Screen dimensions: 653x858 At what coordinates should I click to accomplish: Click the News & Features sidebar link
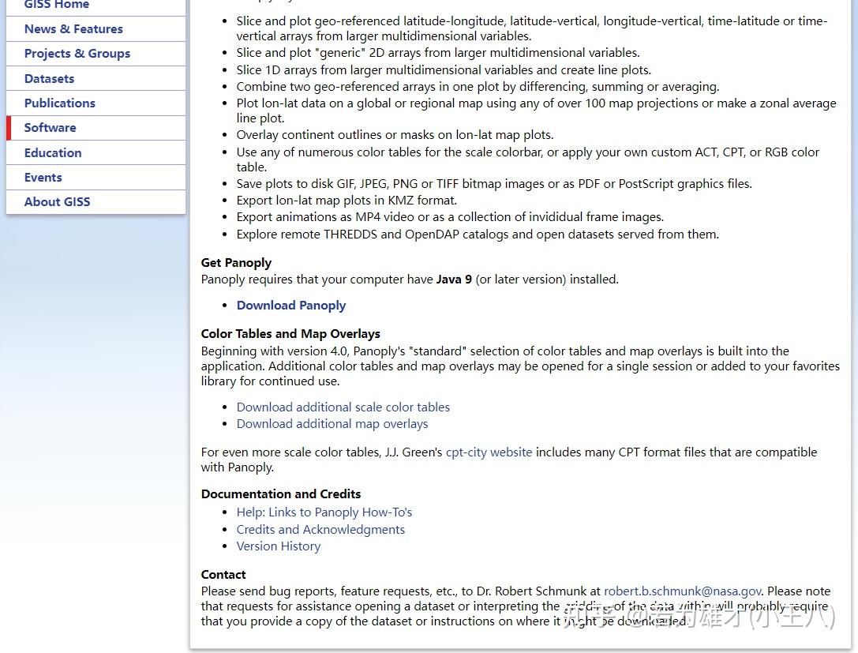[x=73, y=29]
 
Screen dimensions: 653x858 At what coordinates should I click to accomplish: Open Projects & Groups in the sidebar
[x=77, y=54]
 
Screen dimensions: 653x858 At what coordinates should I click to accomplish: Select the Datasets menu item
[x=49, y=79]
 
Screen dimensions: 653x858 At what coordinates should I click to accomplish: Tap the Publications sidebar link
[x=59, y=103]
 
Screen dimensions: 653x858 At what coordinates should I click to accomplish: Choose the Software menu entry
[x=50, y=128]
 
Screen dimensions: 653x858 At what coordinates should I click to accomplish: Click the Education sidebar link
[x=53, y=153]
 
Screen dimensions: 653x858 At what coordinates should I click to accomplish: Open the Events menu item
[x=43, y=178]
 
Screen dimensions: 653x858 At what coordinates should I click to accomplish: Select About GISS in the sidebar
[x=57, y=202]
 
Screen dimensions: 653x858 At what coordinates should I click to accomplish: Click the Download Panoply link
[x=291, y=306]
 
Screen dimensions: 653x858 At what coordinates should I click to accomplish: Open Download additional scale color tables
[x=343, y=407]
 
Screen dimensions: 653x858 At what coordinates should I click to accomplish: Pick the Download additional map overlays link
[x=332, y=424]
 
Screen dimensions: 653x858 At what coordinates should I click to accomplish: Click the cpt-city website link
[x=489, y=452]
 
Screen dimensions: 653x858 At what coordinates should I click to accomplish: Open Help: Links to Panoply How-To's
[x=324, y=512]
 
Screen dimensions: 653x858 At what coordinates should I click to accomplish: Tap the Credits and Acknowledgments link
[x=320, y=530]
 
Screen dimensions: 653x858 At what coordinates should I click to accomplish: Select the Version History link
[x=279, y=546]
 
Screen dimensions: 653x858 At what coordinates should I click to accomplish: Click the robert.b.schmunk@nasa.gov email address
[x=683, y=591]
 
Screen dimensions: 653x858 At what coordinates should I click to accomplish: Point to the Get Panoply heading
[x=236, y=263]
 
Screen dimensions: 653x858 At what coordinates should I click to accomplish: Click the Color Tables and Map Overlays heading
[x=290, y=334]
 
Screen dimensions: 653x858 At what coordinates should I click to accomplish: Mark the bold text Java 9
[x=454, y=280]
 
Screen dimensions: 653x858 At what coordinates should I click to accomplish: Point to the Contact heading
[x=223, y=575]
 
